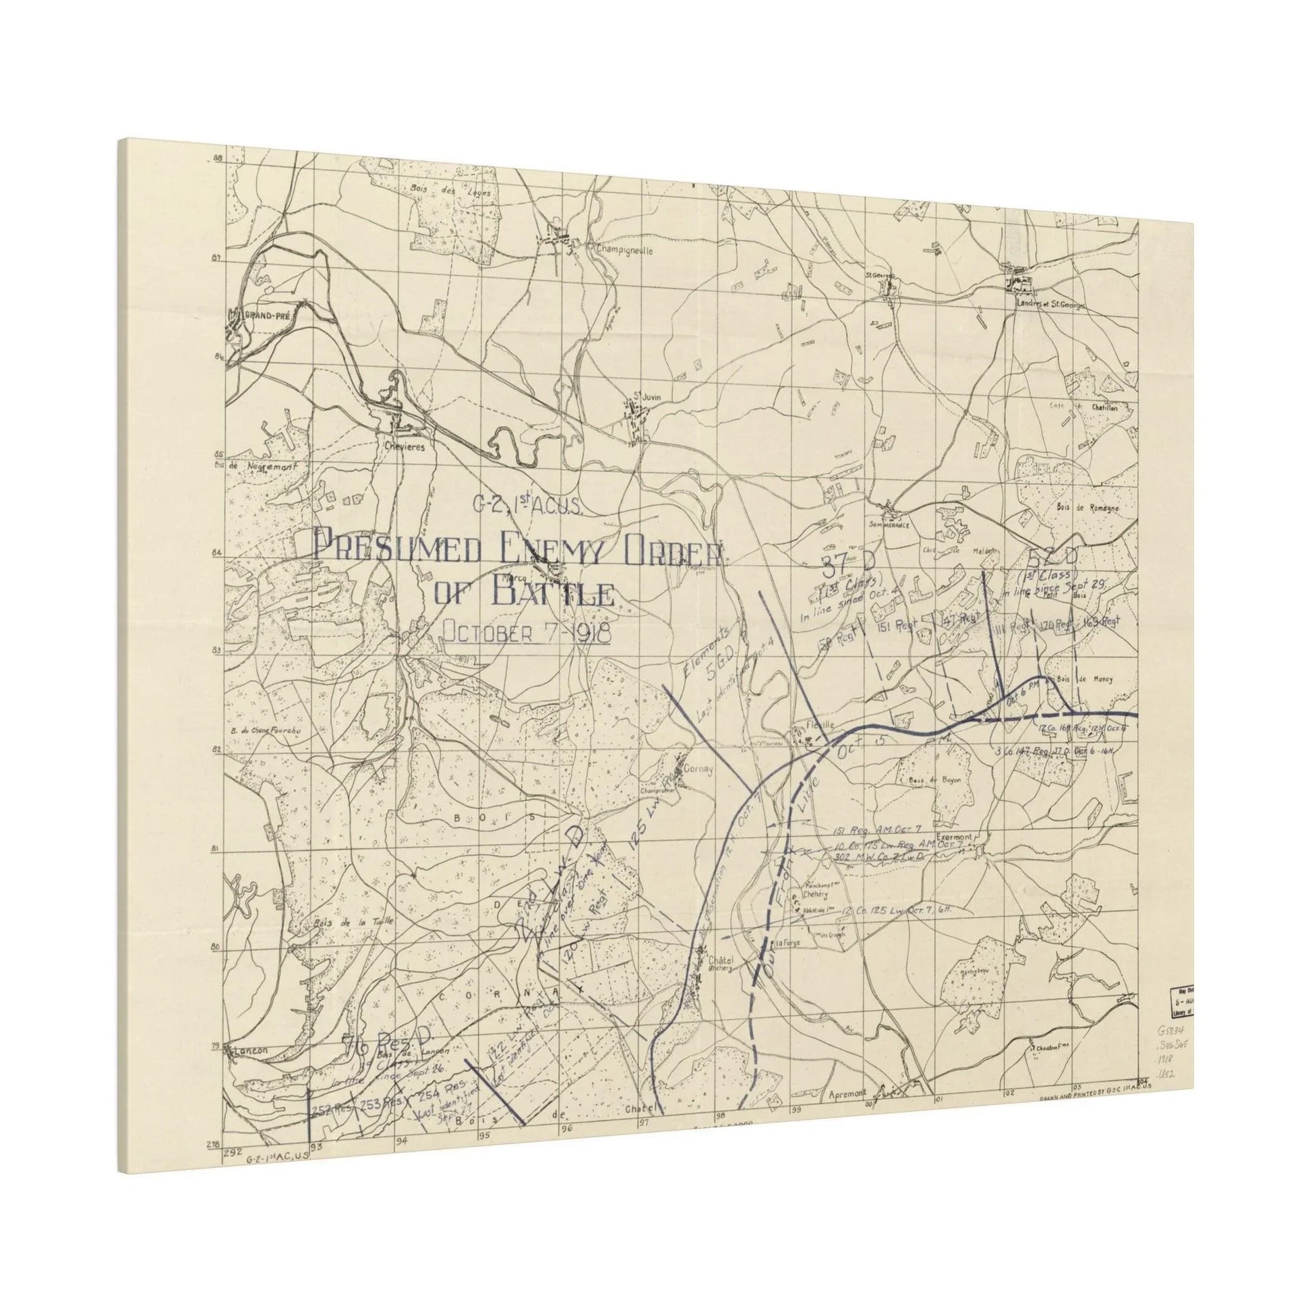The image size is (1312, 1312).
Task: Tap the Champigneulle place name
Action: [x=624, y=250]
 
